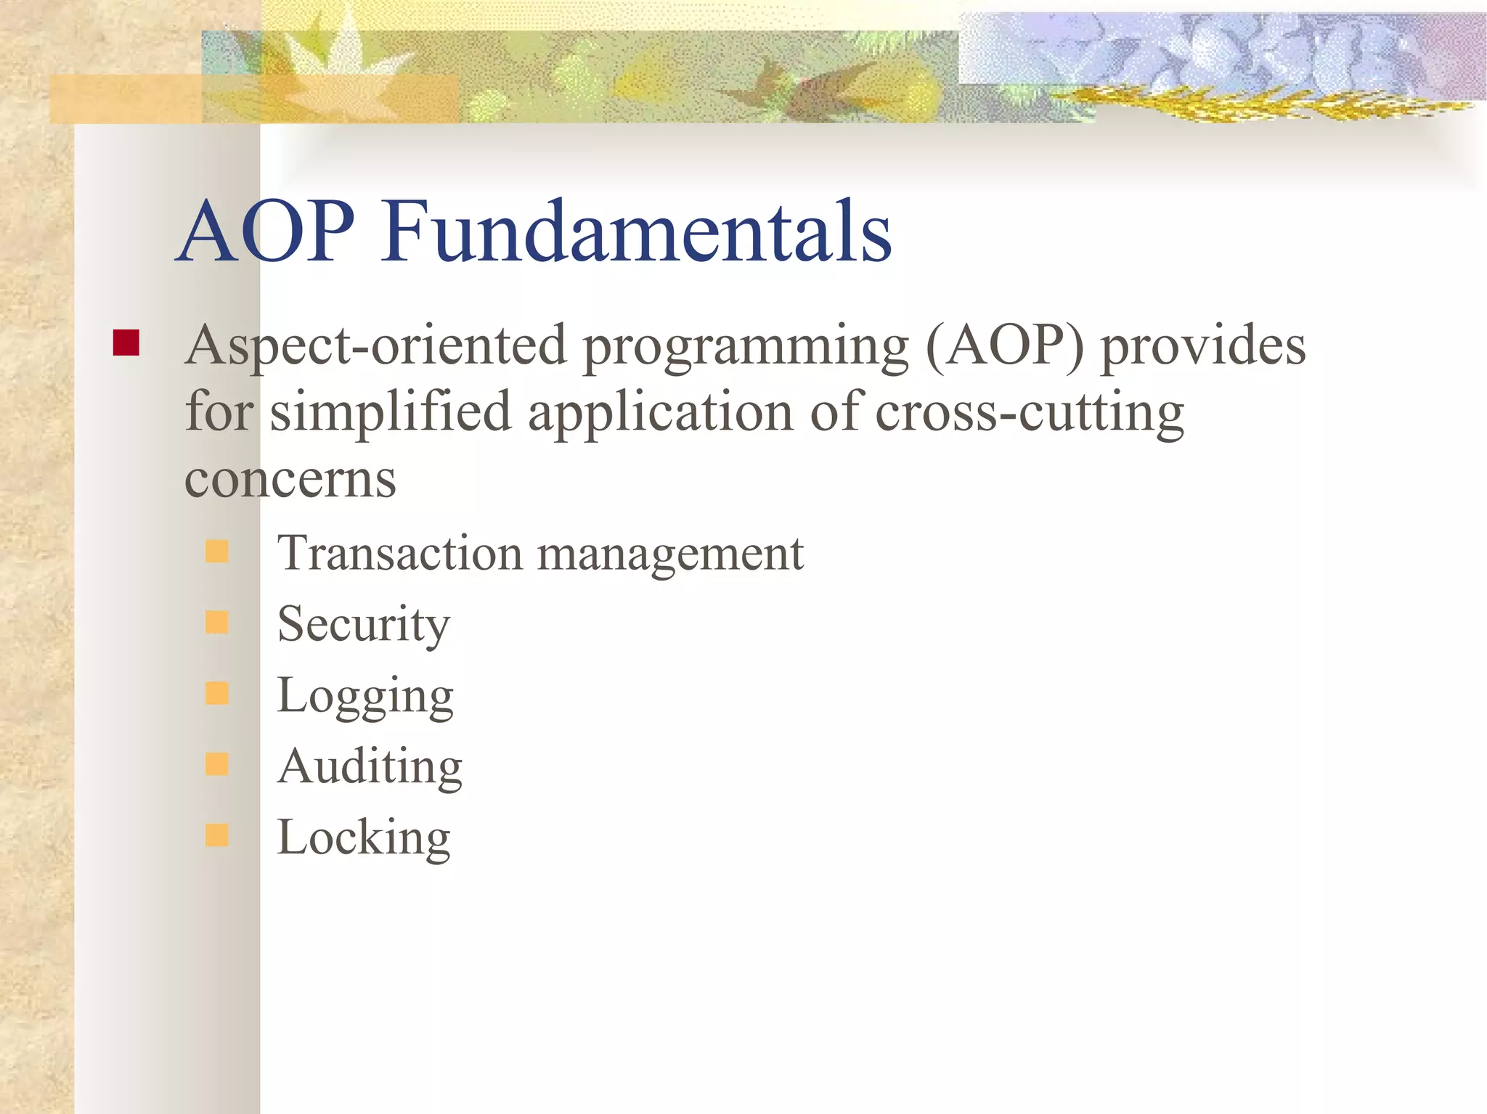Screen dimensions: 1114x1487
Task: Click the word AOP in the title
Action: (266, 232)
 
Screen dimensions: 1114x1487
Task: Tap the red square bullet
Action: (126, 343)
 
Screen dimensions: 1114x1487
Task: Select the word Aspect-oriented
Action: (375, 347)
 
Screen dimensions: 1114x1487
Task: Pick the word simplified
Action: (391, 412)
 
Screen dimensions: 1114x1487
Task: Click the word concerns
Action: (290, 480)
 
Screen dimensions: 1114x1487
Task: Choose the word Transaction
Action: (399, 553)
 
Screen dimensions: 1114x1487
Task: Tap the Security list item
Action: (363, 624)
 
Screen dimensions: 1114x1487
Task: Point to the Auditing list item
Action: (370, 766)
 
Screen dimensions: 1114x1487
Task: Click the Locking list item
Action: (363, 837)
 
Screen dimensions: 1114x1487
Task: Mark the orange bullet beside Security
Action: (216, 622)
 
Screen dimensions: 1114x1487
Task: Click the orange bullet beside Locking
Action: (216, 835)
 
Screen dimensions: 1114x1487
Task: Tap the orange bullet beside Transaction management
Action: (216, 552)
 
